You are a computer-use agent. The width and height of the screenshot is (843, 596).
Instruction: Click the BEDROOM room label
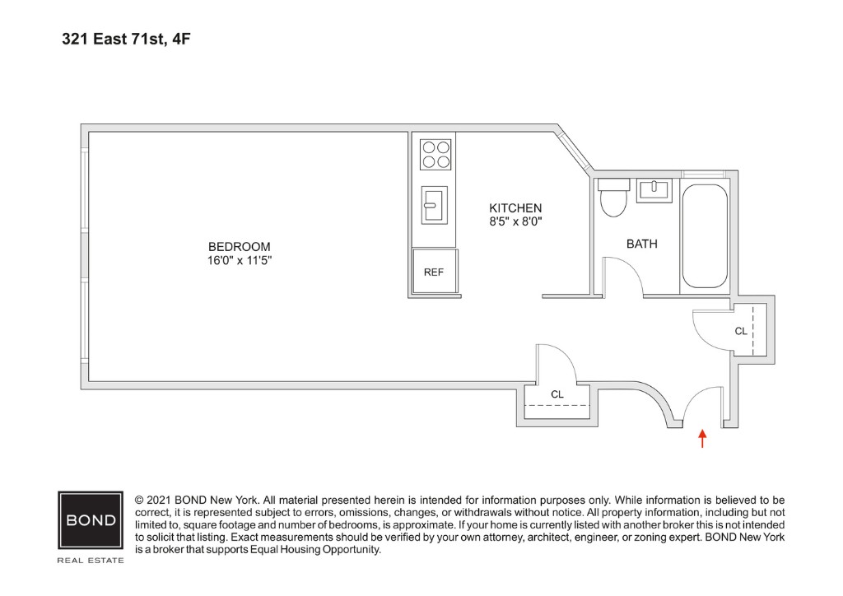point(239,246)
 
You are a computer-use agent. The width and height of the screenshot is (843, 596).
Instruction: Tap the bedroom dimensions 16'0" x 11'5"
point(239,260)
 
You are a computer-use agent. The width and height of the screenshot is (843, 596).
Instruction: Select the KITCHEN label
point(515,207)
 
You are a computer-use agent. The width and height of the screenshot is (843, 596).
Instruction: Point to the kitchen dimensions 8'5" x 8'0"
point(515,221)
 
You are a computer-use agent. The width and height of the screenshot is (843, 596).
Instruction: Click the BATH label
point(641,244)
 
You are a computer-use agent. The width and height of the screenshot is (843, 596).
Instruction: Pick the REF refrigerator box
point(434,272)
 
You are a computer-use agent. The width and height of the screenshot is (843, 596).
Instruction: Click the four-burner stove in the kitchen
point(435,155)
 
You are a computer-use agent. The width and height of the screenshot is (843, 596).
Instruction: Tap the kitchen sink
point(434,204)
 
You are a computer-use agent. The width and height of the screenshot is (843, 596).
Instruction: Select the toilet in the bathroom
point(612,198)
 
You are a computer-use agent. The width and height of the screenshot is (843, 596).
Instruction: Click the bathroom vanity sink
point(654,190)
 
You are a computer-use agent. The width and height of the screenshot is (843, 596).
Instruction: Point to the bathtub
point(704,236)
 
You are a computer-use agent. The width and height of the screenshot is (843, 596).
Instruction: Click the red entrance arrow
point(701,438)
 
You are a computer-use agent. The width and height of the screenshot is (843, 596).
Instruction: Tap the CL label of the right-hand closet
point(741,331)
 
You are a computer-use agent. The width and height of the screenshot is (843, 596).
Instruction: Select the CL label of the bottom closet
point(557,394)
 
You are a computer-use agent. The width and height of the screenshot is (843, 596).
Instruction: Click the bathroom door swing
point(622,276)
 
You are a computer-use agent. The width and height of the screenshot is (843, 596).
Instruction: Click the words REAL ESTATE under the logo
point(91,561)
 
